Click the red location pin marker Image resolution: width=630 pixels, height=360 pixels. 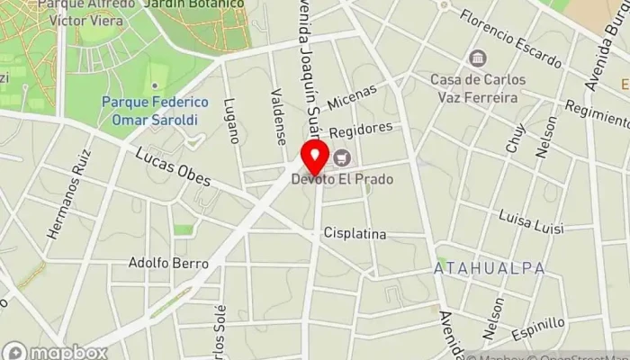pyautogui.click(x=314, y=157)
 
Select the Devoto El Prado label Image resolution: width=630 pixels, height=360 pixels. pyautogui.click(x=341, y=179)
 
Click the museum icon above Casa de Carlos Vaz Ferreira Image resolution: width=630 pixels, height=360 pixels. pyautogui.click(x=474, y=59)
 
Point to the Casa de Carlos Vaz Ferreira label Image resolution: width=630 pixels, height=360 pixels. pyautogui.click(x=473, y=88)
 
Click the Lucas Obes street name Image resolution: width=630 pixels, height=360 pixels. pyautogui.click(x=173, y=167)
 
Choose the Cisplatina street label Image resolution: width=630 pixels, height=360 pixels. pyautogui.click(x=355, y=234)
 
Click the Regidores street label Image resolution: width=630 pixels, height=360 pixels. pyautogui.click(x=361, y=130)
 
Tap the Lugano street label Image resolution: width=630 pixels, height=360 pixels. pyautogui.click(x=232, y=121)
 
